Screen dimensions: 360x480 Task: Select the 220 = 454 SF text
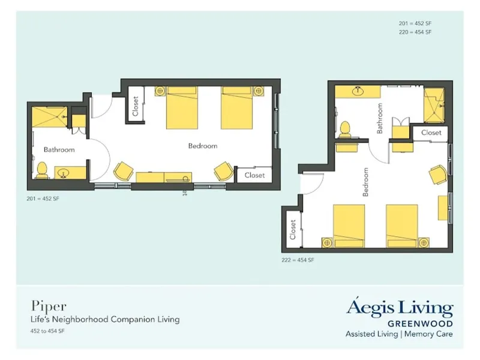(415, 32)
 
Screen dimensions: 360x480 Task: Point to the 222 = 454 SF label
(298, 260)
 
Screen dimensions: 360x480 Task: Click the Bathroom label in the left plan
(59, 149)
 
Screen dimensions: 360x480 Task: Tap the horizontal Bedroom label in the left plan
(202, 146)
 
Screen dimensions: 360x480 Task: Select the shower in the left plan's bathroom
(49, 116)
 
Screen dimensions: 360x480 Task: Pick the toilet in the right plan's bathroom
(344, 129)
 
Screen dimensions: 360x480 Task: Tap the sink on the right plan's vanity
(358, 91)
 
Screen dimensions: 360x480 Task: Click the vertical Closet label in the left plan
(136, 106)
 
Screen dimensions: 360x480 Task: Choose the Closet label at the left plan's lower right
(254, 175)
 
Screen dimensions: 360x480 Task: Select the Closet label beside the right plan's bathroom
(431, 133)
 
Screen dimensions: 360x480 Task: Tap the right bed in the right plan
(401, 225)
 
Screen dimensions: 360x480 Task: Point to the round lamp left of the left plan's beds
(160, 91)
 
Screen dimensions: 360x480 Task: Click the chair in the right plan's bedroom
(437, 175)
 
